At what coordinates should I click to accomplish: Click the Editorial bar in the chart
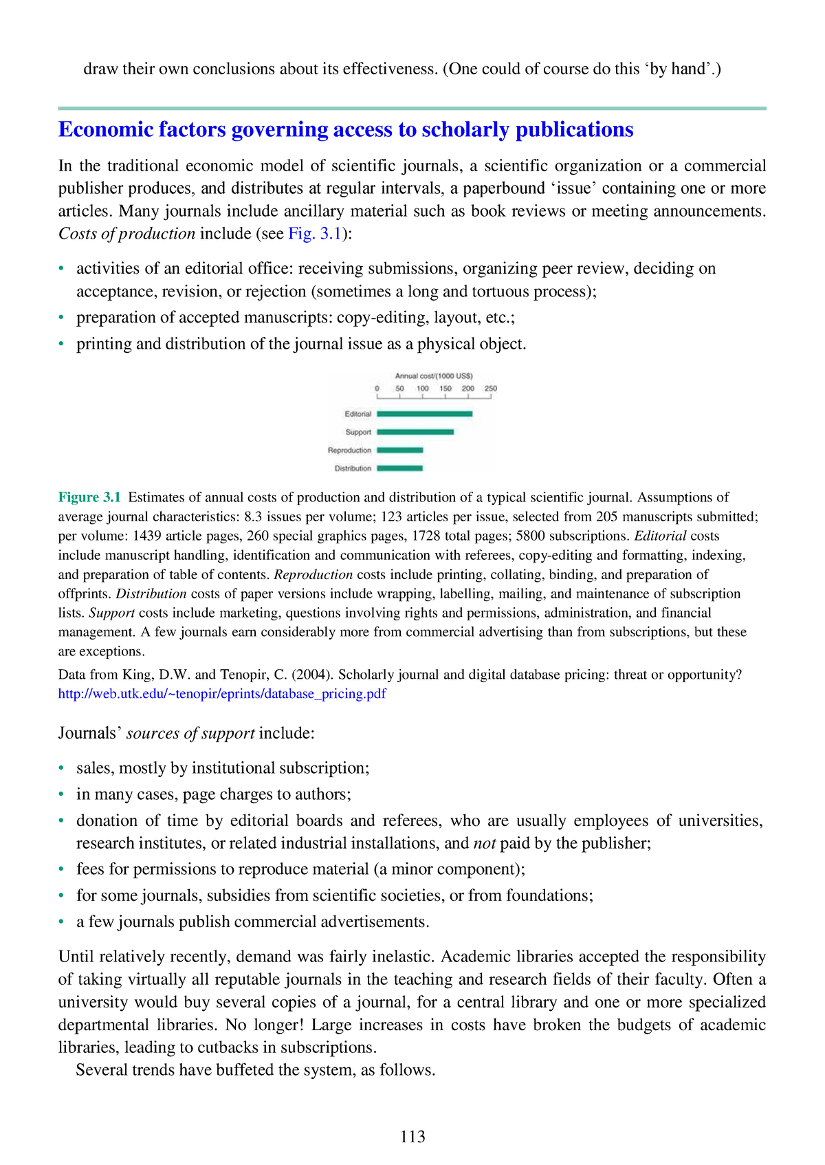424,414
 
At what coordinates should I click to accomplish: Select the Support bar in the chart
415,432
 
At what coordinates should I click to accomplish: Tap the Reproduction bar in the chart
399,450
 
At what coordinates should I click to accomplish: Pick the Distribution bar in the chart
399,468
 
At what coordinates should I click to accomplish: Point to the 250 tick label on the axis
490,389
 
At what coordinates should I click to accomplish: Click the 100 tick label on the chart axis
422,389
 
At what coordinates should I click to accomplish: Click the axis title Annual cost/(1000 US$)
433,376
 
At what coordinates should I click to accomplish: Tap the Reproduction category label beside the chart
349,450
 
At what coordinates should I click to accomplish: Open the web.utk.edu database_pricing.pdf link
222,694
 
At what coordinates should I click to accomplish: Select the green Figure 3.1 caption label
89,497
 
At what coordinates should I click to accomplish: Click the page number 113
412,1137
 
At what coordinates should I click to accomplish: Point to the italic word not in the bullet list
485,843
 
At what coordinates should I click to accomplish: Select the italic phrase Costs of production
126,234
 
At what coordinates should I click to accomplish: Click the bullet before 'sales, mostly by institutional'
62,768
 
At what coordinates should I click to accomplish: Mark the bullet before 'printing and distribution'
62,344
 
